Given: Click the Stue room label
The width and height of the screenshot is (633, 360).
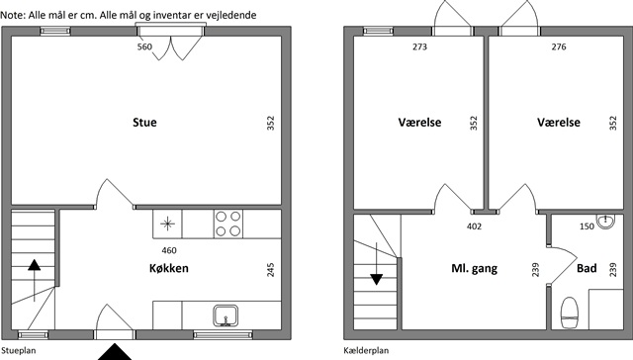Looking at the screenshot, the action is point(144,123).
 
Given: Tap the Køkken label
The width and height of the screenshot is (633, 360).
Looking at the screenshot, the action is point(169,268).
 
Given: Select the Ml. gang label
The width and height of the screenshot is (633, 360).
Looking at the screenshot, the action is point(475,268).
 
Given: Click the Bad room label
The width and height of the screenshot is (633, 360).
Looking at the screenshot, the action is point(587,268).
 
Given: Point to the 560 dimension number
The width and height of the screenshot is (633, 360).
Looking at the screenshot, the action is point(144,46).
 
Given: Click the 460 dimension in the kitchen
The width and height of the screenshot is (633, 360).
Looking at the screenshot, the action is point(169,250).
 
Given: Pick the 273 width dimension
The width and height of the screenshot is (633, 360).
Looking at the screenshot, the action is point(419,46).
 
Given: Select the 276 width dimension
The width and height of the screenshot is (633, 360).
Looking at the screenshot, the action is point(559,46).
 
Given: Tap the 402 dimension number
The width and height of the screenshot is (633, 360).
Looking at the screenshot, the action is point(475,226).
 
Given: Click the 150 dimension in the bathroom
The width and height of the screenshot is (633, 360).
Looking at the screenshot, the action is point(587,226).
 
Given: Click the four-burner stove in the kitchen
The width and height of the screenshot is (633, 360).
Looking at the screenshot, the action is point(228,224).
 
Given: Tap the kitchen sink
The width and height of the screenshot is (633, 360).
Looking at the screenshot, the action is point(226,315).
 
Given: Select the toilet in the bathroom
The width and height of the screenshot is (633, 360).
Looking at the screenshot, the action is point(570,314).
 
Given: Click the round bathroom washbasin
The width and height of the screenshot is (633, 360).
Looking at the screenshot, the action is point(605,222).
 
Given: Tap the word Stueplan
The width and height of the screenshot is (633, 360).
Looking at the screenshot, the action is point(19,350).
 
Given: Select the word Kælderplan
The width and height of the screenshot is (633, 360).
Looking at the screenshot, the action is point(366,350).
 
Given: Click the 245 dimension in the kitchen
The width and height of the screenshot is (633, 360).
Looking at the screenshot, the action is point(270,270).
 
